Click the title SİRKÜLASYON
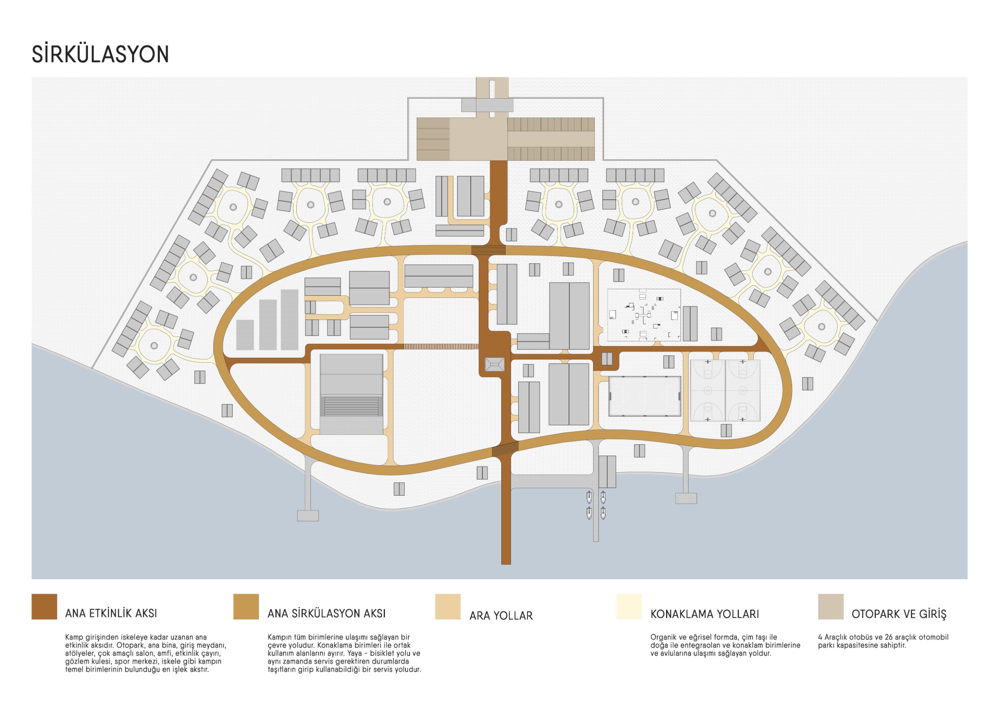click(x=100, y=54)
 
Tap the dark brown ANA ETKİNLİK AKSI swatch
click(x=44, y=607)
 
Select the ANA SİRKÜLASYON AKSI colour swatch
click(x=246, y=607)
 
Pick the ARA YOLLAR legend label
click(x=501, y=616)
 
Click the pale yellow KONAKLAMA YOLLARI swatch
click(x=629, y=607)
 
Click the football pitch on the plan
click(x=644, y=396)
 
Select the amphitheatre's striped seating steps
click(x=352, y=406)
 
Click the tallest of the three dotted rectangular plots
click(x=289, y=320)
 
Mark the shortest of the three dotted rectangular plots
click(x=245, y=335)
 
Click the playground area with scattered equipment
click(x=644, y=315)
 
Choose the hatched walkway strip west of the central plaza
click(x=441, y=346)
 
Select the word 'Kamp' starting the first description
click(x=74, y=638)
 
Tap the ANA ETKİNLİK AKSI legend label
click(x=111, y=613)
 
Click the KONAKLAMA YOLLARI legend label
click(x=704, y=614)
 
